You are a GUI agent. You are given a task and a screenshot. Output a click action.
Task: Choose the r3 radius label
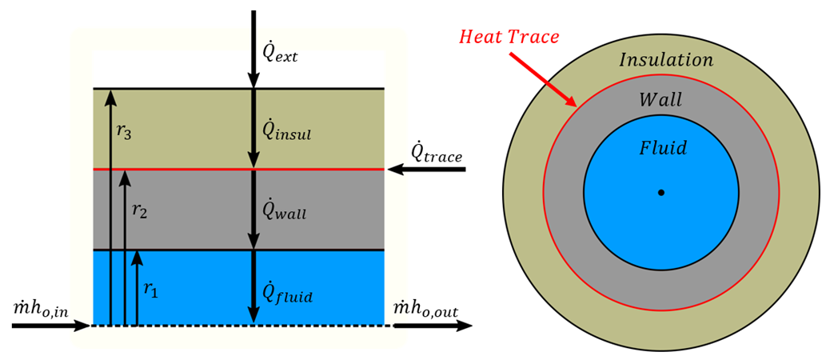coord(123,132)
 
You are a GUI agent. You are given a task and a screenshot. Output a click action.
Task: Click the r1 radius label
coord(150,291)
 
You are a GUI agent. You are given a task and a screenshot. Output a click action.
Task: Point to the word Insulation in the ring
coord(666,60)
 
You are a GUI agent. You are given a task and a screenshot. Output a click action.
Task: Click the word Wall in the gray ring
coord(660,100)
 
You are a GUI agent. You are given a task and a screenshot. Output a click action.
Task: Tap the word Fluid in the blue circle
coord(661,148)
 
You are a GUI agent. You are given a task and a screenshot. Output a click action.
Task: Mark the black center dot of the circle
coord(660,192)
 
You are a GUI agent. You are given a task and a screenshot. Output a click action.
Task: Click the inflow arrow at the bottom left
coord(52,326)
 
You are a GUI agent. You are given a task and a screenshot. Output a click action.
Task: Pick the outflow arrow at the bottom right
coord(432,326)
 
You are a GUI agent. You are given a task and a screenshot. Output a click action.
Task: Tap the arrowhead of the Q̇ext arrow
coord(253,80)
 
